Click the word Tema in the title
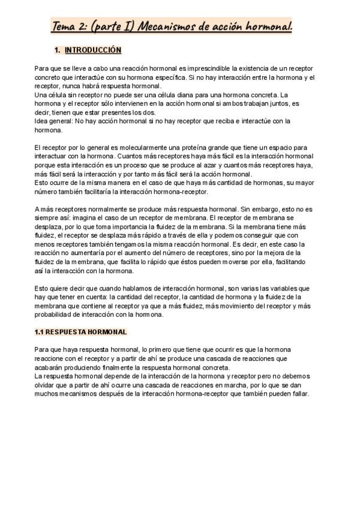64,26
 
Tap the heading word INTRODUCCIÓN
93,50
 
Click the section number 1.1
40,332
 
